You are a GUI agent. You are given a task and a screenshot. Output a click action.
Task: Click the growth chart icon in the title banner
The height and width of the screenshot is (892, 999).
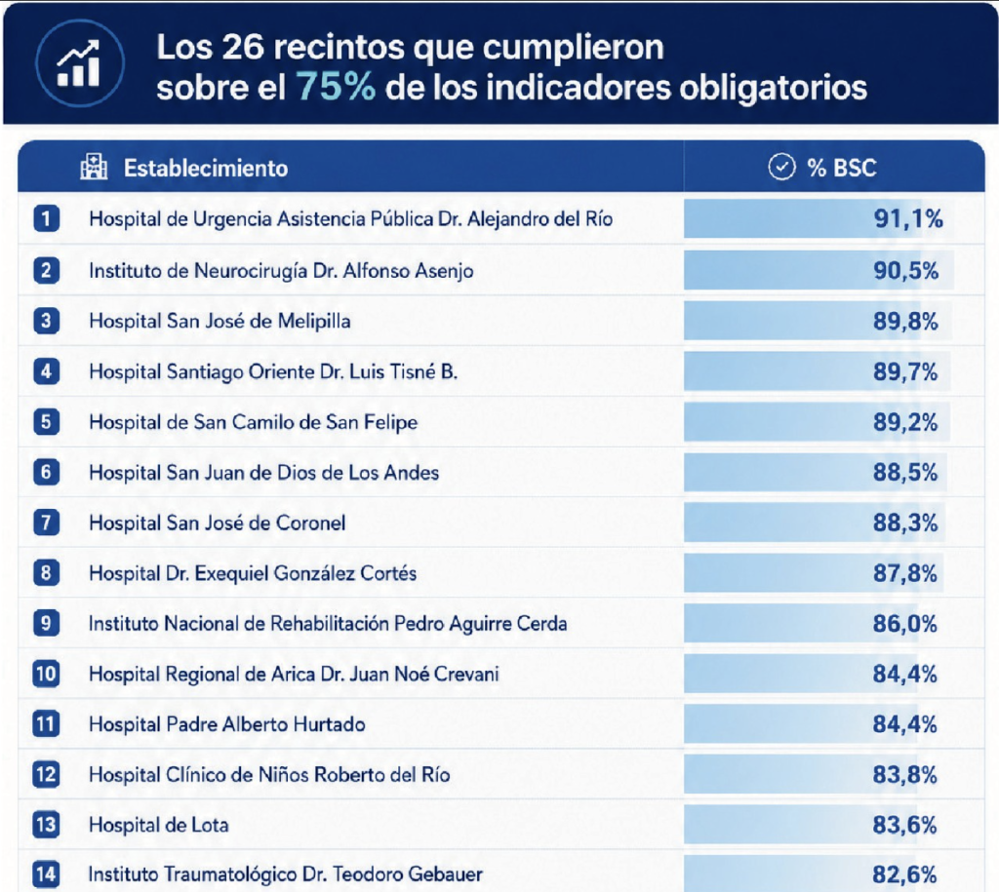pyautogui.click(x=79, y=63)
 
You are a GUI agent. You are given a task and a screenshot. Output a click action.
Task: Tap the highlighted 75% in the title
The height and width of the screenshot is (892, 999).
pyautogui.click(x=336, y=87)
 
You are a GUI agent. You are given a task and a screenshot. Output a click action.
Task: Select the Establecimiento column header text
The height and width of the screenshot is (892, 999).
pyautogui.click(x=206, y=168)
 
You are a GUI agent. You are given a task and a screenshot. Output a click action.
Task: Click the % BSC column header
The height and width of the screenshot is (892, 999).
pyautogui.click(x=842, y=168)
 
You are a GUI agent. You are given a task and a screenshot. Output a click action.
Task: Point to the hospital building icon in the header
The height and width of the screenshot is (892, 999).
pyautogui.click(x=94, y=167)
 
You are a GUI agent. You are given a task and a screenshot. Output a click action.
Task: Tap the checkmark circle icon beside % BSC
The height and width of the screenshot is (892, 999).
pyautogui.click(x=781, y=167)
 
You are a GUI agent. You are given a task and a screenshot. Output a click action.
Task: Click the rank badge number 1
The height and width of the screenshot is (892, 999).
pyautogui.click(x=47, y=219)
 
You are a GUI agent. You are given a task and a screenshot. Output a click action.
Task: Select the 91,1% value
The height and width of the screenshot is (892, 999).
pyautogui.click(x=908, y=219)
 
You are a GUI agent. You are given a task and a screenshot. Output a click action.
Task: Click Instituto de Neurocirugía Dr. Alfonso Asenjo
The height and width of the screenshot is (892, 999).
pyautogui.click(x=281, y=271)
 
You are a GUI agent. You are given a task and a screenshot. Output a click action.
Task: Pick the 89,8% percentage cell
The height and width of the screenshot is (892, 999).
pyautogui.click(x=905, y=321)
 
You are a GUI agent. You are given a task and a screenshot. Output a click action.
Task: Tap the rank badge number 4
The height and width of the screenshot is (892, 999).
pyautogui.click(x=47, y=371)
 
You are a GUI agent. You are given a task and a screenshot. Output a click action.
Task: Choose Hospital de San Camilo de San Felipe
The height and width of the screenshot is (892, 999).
pyautogui.click(x=254, y=422)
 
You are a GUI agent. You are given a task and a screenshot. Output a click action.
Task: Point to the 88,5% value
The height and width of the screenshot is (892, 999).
pyautogui.click(x=905, y=473)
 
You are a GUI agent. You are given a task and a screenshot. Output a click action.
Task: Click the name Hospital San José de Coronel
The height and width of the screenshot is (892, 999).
pyautogui.click(x=218, y=523)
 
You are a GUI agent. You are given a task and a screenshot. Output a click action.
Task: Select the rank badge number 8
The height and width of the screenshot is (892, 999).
pyautogui.click(x=47, y=573)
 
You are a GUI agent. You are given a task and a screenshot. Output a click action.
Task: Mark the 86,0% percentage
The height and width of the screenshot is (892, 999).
pyautogui.click(x=904, y=623)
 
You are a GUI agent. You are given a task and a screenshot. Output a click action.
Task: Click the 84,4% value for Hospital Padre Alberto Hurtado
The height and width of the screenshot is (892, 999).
pyautogui.click(x=904, y=724)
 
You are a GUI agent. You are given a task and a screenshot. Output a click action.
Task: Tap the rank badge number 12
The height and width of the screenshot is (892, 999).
pyautogui.click(x=46, y=775)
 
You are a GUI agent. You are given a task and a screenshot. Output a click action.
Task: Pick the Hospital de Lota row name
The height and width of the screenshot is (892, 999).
pyautogui.click(x=159, y=825)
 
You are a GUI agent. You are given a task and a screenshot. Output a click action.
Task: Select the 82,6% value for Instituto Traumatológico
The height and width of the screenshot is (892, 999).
pyautogui.click(x=904, y=874)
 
